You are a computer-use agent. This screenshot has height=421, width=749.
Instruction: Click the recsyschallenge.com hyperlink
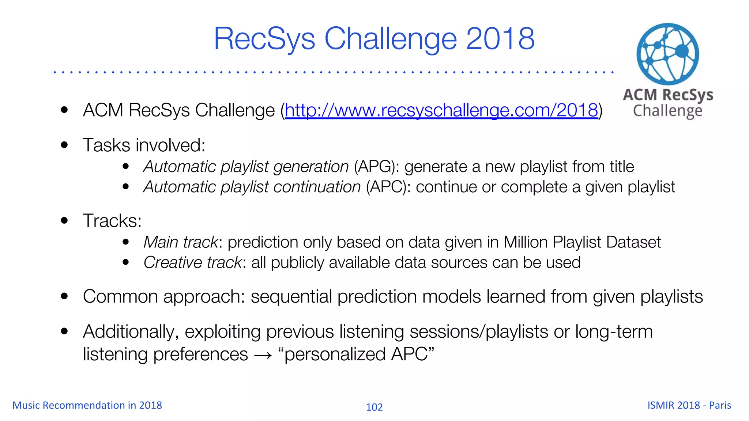point(441,110)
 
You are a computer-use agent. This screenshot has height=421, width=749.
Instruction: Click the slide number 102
point(374,407)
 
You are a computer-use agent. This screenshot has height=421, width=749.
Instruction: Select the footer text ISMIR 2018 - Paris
point(689,405)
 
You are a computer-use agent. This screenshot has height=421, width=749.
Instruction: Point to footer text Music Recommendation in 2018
point(87,405)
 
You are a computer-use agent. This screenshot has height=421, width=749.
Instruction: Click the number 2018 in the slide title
point(500,39)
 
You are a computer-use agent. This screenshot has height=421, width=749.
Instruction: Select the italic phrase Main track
point(181,242)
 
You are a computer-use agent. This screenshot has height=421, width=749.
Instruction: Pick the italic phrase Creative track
point(192,263)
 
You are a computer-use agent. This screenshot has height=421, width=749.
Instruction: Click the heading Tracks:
point(112,221)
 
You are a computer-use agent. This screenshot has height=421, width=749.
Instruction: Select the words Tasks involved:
point(144,145)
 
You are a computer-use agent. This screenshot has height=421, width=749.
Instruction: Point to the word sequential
point(291,296)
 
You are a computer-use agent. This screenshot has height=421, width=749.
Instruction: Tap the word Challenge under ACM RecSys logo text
point(667,111)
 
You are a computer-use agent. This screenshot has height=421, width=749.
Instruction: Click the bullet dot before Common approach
point(65,296)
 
